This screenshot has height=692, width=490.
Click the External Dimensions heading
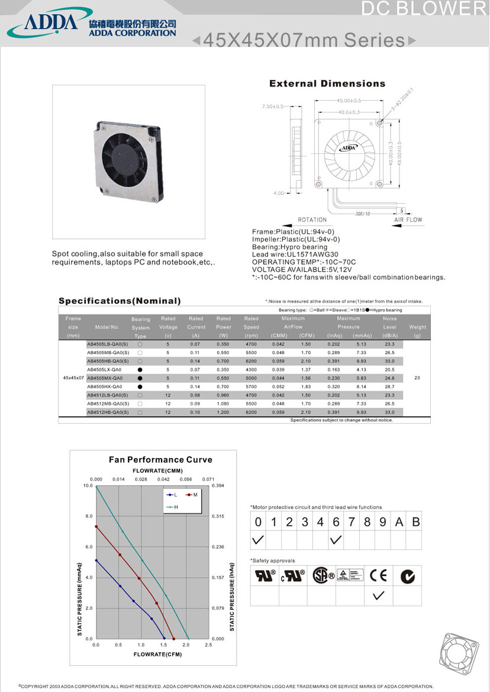click(x=327, y=83)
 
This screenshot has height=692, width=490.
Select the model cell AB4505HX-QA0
click(x=105, y=386)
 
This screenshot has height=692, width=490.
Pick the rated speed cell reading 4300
click(x=251, y=369)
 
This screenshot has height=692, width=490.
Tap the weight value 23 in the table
click(x=417, y=378)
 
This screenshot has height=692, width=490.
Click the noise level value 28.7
click(x=389, y=386)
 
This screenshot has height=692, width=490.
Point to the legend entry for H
click(x=172, y=507)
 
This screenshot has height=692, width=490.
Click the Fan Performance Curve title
click(x=152, y=459)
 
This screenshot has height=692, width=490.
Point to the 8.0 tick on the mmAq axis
click(x=89, y=516)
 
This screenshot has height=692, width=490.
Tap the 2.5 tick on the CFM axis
click(x=208, y=645)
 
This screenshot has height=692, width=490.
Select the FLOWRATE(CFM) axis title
click(x=157, y=654)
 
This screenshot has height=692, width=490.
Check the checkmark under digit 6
click(x=336, y=540)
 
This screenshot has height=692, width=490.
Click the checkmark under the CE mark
click(x=379, y=596)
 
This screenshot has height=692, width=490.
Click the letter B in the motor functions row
click(x=415, y=522)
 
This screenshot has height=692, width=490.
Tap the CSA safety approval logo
click(x=323, y=575)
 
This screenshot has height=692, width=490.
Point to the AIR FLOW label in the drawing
click(x=408, y=220)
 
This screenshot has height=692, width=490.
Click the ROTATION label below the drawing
click(x=312, y=220)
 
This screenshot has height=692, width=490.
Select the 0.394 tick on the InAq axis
click(x=218, y=486)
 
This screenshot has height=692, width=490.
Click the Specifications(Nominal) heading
click(x=120, y=301)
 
